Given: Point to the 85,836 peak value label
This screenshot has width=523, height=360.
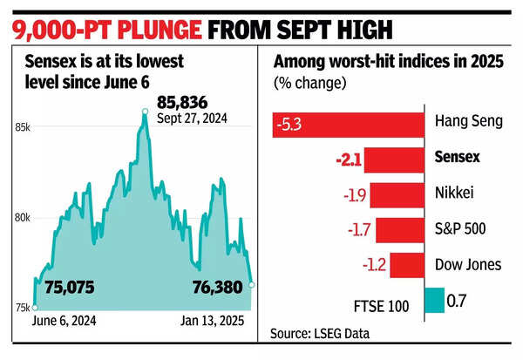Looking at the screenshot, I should [185, 104].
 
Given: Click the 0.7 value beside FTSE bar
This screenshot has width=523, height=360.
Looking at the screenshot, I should [457, 301].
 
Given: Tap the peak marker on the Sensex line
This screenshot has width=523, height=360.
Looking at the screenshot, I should [145, 111].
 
